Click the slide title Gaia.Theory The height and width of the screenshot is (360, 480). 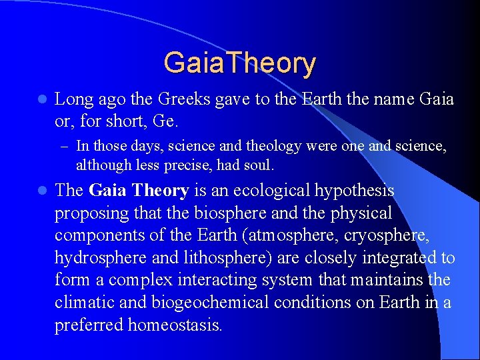tap(239, 63)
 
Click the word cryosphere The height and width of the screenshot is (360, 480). tap(409, 235)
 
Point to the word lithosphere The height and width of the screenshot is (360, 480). tap(215, 258)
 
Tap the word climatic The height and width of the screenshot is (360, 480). tap(79, 303)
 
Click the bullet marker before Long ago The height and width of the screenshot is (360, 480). tap(41, 100)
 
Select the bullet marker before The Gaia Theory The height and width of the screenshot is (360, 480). tap(41, 191)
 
